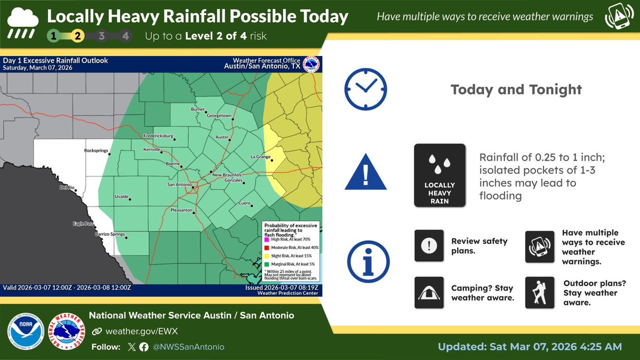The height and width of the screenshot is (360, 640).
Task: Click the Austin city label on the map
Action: pos(222,137)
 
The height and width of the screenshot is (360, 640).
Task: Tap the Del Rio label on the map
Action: pos(66,188)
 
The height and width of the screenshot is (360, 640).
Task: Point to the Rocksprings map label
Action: pos(96,151)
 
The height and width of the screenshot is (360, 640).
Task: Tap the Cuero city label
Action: pos(244,203)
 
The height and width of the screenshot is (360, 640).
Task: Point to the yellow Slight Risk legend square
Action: pos(266,256)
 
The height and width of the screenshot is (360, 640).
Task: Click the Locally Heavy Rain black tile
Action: pos(440,175)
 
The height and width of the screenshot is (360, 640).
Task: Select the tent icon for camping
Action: pos(429,292)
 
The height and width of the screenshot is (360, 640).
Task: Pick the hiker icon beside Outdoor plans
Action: pos(540,292)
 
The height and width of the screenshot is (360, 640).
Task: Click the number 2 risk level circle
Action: pos(77,37)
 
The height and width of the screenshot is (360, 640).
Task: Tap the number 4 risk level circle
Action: pos(125,37)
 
